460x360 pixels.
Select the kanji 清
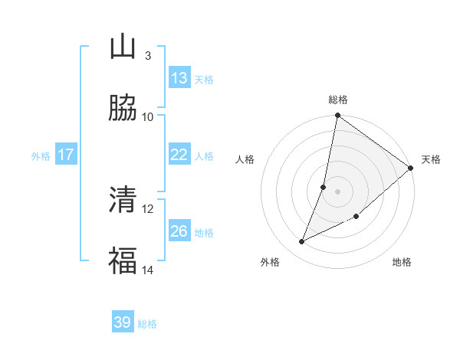pyautogui.click(x=123, y=200)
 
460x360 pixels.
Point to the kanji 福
pyautogui.click(x=123, y=261)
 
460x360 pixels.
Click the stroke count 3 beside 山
pyautogui.click(x=147, y=55)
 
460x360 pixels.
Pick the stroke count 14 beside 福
pyautogui.click(x=148, y=270)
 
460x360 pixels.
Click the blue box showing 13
pyautogui.click(x=179, y=78)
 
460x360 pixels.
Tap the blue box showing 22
pyautogui.click(x=179, y=155)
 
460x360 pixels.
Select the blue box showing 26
pyautogui.click(x=179, y=231)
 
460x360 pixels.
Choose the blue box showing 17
pyautogui.click(x=66, y=155)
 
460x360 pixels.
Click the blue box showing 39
pyautogui.click(x=123, y=322)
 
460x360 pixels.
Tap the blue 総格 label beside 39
pyautogui.click(x=147, y=324)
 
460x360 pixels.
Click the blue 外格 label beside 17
pyautogui.click(x=41, y=155)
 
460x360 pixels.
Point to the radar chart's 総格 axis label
pyautogui.click(x=338, y=100)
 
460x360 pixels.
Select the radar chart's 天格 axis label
pyautogui.click(x=431, y=159)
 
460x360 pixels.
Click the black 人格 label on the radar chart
pyautogui.click(x=245, y=159)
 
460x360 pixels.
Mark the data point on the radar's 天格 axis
pyautogui.click(x=411, y=169)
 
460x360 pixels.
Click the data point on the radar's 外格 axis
pyautogui.click(x=301, y=242)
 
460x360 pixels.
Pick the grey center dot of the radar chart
pyautogui.click(x=338, y=191)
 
